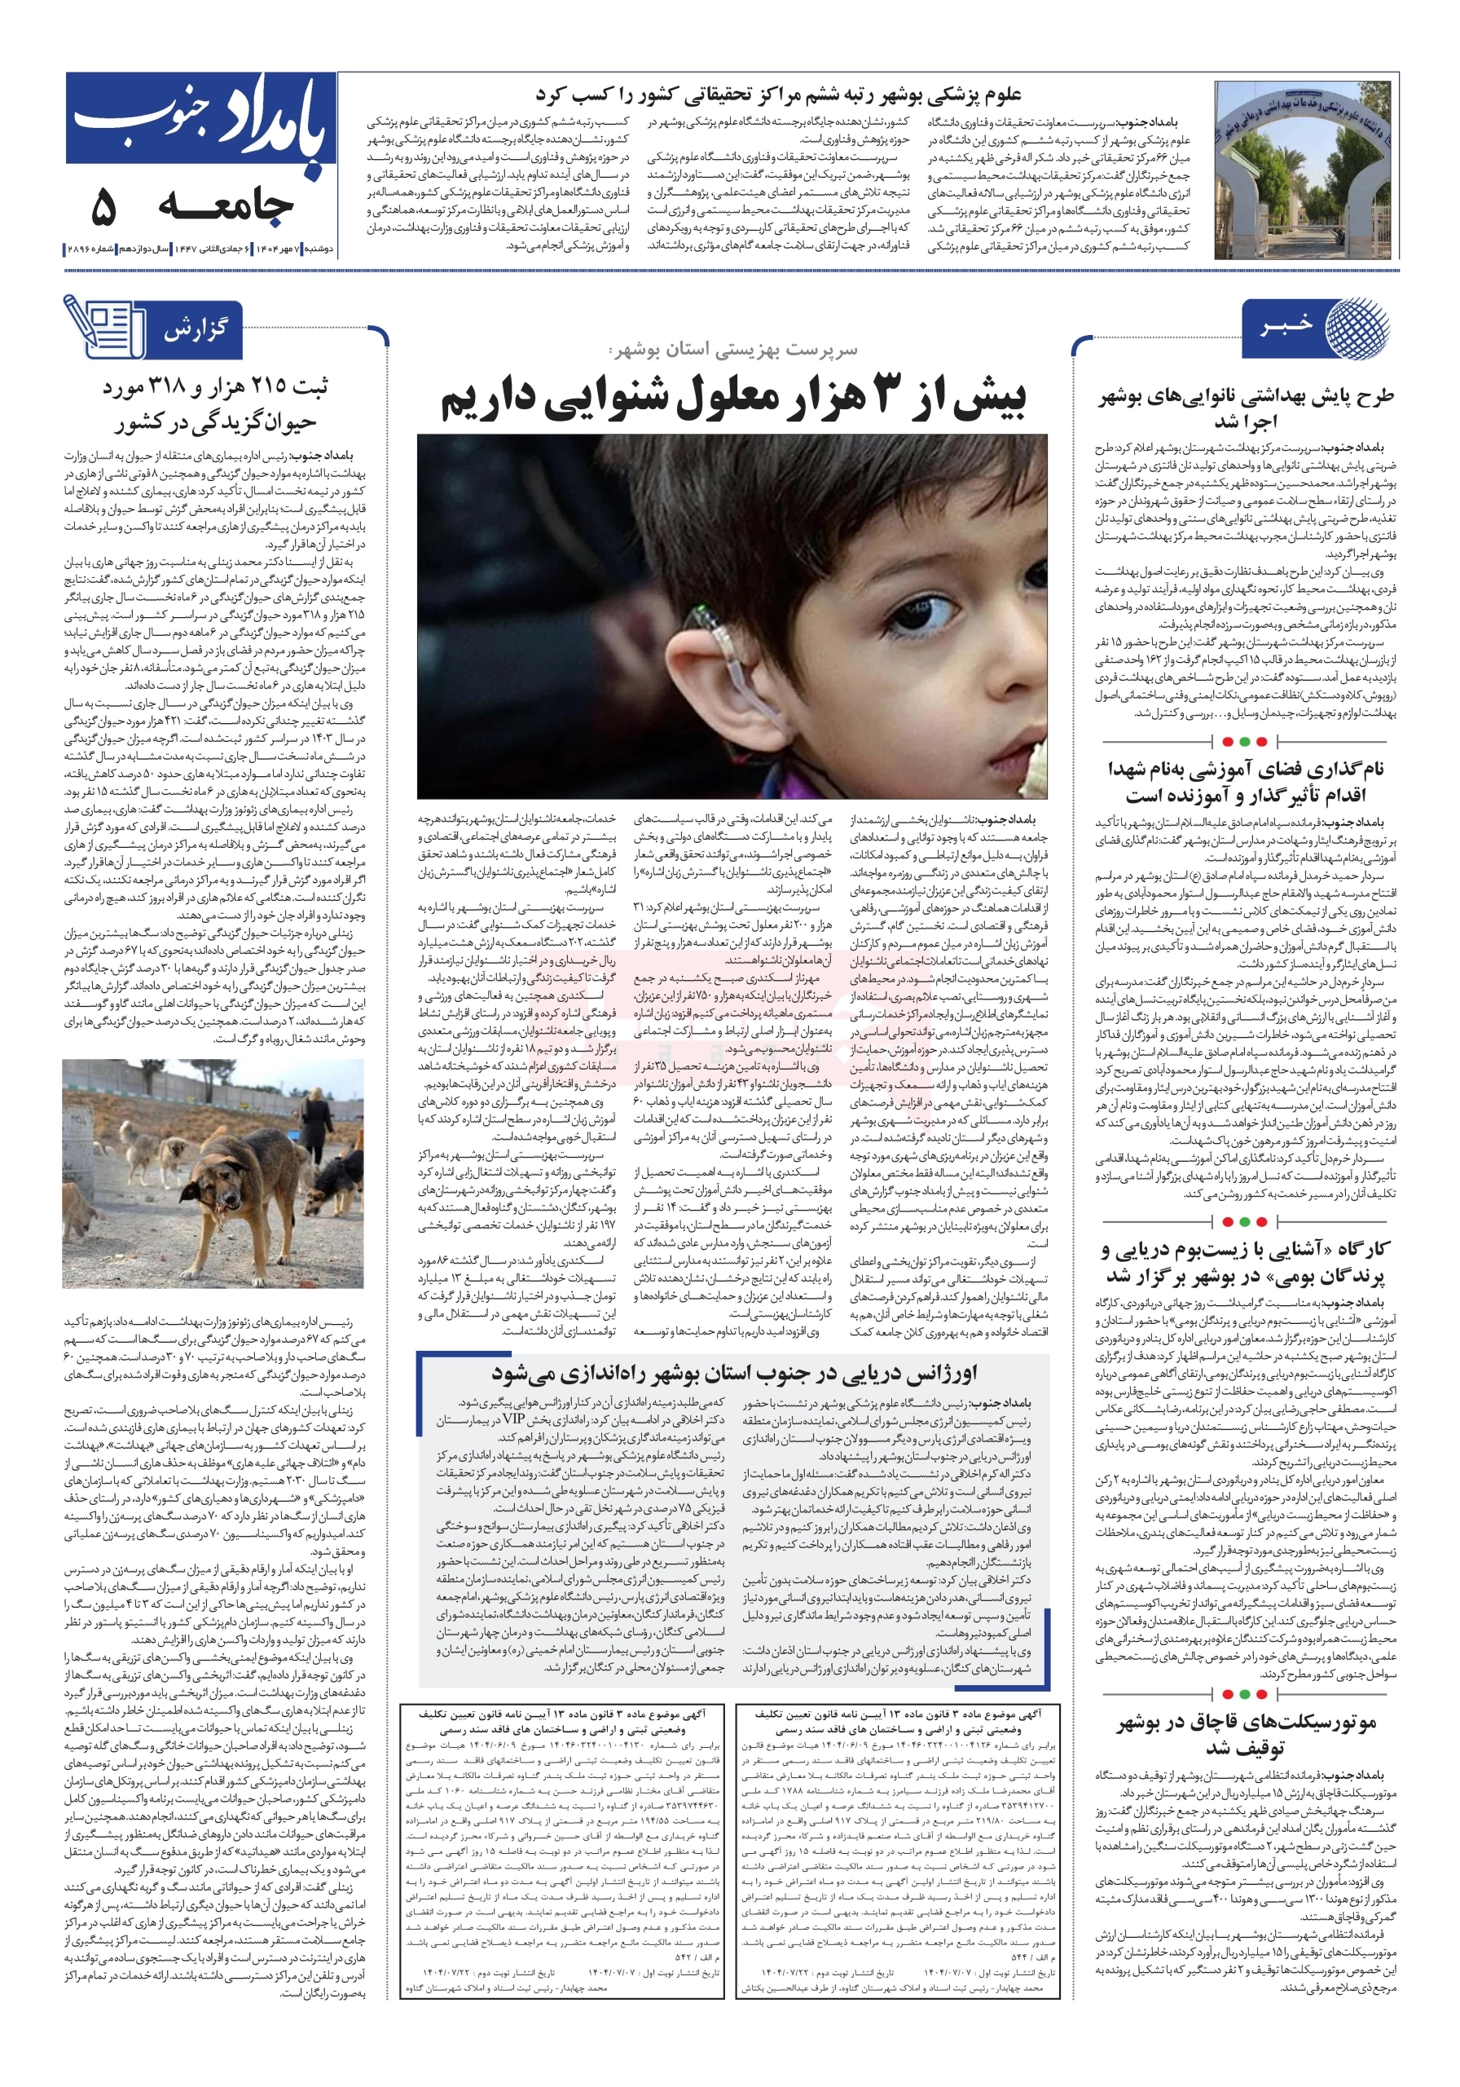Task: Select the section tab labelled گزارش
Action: (196, 329)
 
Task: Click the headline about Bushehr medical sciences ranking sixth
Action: (778, 95)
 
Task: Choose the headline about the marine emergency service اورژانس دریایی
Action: (733, 1373)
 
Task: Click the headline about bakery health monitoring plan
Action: (1246, 408)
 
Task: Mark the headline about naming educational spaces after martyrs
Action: (1246, 782)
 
